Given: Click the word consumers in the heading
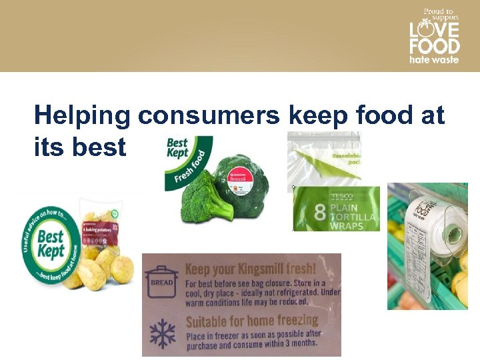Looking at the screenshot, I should coord(209,116).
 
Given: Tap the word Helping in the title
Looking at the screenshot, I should coord(82,116).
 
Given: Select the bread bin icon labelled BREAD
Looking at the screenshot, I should coord(162,280).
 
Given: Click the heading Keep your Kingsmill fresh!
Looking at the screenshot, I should coord(250,269).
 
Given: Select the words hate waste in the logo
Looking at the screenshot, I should coord(434,60).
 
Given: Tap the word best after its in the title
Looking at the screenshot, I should coord(99,146).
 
